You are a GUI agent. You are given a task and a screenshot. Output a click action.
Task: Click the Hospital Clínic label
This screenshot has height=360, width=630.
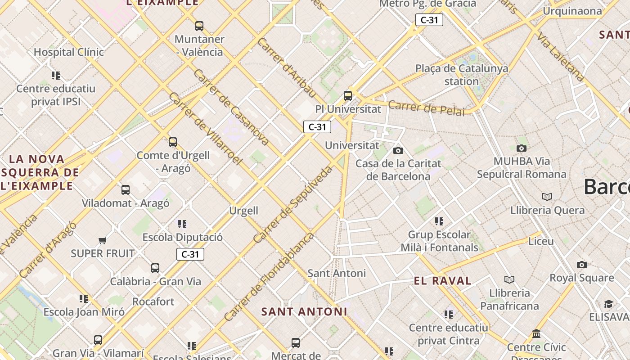69,52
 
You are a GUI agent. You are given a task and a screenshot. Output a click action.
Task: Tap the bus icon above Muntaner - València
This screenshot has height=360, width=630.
199,26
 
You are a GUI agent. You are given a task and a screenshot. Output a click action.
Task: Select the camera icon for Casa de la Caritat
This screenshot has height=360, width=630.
398,150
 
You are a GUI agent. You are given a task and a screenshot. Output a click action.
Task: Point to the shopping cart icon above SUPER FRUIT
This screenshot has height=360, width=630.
103,240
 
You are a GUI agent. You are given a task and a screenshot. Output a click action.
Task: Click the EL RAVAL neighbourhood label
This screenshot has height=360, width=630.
442,281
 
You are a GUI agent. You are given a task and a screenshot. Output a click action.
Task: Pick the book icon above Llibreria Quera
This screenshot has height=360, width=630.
547,197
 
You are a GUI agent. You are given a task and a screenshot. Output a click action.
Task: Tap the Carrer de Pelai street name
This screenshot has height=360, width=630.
426,108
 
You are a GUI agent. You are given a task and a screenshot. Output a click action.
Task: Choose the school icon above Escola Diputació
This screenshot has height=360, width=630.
182,224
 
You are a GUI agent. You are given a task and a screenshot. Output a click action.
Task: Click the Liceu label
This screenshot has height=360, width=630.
541,241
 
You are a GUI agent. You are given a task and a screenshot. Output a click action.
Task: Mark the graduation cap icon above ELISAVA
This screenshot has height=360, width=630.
608,304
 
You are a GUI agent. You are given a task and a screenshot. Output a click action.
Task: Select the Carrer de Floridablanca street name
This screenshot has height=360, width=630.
269,276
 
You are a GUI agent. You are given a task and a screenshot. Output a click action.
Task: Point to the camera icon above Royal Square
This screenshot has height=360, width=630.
582,265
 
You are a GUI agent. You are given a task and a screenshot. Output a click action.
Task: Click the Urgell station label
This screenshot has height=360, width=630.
244,211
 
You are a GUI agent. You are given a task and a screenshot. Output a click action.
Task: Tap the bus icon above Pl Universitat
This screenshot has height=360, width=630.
348,96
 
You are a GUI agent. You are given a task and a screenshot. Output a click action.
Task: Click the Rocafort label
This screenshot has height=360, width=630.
153,301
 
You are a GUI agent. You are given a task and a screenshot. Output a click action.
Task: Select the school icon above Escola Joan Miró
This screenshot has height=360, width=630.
84,299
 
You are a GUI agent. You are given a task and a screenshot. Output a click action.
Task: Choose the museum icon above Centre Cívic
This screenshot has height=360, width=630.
536,334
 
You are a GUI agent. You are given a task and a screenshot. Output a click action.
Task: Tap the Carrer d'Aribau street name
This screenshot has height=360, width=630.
287,67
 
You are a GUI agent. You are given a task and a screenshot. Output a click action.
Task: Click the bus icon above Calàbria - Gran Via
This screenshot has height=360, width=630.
155,268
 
